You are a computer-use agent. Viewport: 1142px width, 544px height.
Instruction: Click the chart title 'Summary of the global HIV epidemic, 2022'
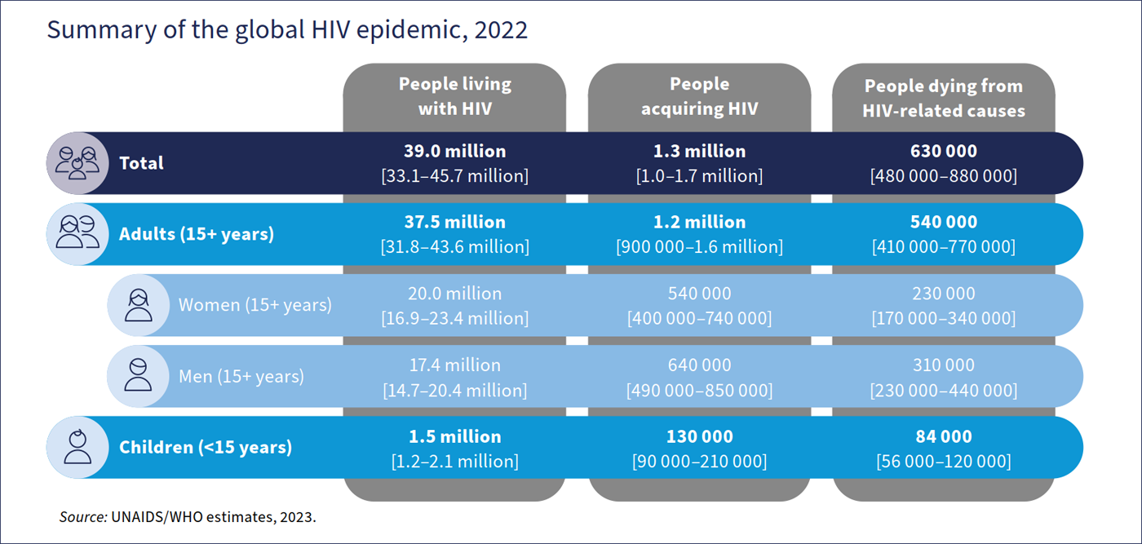point(287,29)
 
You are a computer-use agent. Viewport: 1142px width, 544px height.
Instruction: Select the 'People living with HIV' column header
point(454,96)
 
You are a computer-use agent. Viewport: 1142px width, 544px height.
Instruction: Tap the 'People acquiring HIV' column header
point(699,96)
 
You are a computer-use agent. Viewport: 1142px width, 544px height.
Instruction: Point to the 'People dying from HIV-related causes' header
point(944,98)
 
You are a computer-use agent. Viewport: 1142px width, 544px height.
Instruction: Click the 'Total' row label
point(141,163)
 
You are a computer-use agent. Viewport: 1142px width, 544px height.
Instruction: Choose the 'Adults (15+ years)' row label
point(197,234)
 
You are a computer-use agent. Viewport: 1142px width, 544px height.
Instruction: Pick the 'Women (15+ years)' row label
point(255,305)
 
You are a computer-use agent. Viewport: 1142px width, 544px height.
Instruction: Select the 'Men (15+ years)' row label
point(241,376)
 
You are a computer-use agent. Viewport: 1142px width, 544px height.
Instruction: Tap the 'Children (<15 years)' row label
point(206,447)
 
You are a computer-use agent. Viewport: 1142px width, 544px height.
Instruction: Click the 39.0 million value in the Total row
point(454,152)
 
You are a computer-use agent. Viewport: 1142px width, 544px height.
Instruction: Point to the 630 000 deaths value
point(944,152)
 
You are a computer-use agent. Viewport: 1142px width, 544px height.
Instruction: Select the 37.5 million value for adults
point(454,222)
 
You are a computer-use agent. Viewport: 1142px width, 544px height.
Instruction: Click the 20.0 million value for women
point(454,294)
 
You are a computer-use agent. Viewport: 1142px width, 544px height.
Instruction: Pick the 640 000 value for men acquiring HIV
point(699,365)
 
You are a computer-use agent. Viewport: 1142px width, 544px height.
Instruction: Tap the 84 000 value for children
point(944,436)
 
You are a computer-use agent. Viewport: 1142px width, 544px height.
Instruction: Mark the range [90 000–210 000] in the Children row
point(699,462)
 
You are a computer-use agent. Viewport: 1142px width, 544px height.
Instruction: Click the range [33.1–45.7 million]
point(454,176)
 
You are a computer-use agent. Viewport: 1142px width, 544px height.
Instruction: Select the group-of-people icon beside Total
point(77,163)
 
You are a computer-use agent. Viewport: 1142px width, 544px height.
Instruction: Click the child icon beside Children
point(77,447)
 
